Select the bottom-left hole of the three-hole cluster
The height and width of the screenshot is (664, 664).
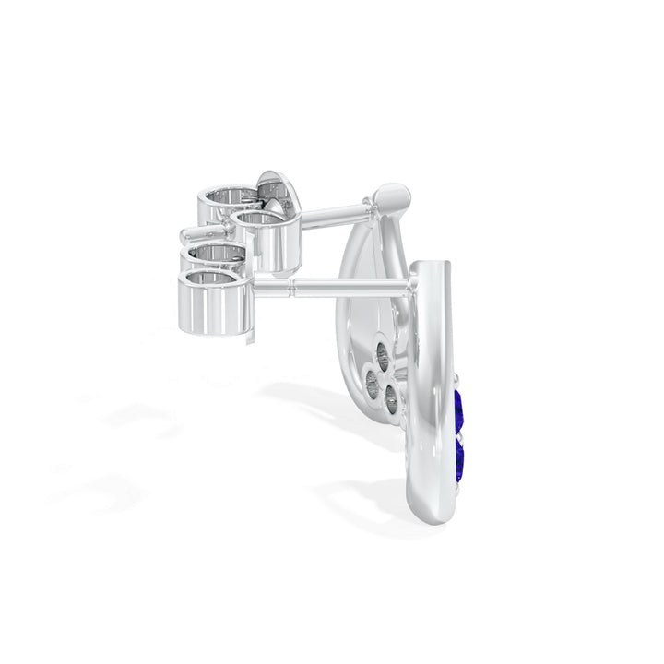[372, 388]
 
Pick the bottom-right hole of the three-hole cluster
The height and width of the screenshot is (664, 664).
[391, 399]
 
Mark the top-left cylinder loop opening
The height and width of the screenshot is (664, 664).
[226, 195]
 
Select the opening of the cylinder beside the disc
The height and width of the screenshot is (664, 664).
[260, 219]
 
